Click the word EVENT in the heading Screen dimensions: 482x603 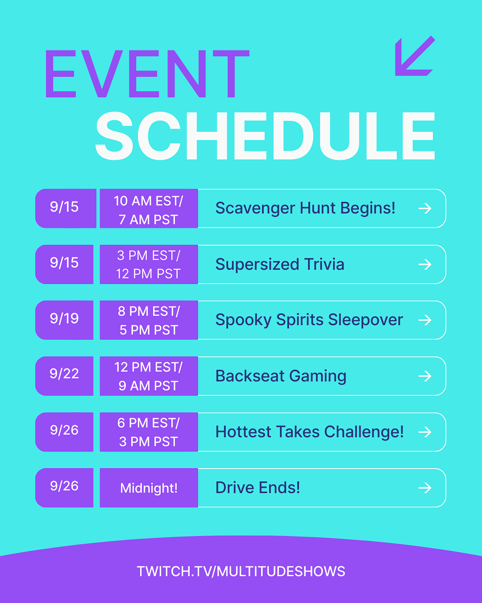pyautogui.click(x=147, y=74)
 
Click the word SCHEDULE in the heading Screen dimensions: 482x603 pyautogui.click(x=265, y=136)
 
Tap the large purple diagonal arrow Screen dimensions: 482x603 pyautogui.click(x=415, y=56)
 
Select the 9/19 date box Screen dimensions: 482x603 pyautogui.click(x=64, y=320)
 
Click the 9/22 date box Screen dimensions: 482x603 pyautogui.click(x=64, y=376)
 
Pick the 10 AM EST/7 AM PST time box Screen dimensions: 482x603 pyautogui.click(x=149, y=209)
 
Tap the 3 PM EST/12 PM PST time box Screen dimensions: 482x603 pyautogui.click(x=149, y=264)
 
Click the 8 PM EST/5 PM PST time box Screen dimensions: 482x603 pyautogui.click(x=149, y=320)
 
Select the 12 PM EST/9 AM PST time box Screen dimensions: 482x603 pyautogui.click(x=149, y=376)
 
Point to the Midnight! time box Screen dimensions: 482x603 pyautogui.click(x=149, y=488)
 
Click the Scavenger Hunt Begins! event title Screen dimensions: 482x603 pyautogui.click(x=305, y=208)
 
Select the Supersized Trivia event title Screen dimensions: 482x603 pyautogui.click(x=280, y=264)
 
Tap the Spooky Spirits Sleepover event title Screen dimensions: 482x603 pyautogui.click(x=309, y=320)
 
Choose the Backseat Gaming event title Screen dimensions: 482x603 pyautogui.click(x=281, y=376)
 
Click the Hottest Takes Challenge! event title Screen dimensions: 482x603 pyautogui.click(x=309, y=432)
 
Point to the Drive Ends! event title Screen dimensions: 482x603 pyautogui.click(x=258, y=488)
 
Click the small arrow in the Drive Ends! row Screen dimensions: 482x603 pyautogui.click(x=425, y=488)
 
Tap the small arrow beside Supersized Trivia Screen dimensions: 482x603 pyautogui.click(x=425, y=264)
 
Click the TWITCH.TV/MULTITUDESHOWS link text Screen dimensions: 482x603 pyautogui.click(x=241, y=571)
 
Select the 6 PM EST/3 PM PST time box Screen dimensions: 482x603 pyautogui.click(x=149, y=432)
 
